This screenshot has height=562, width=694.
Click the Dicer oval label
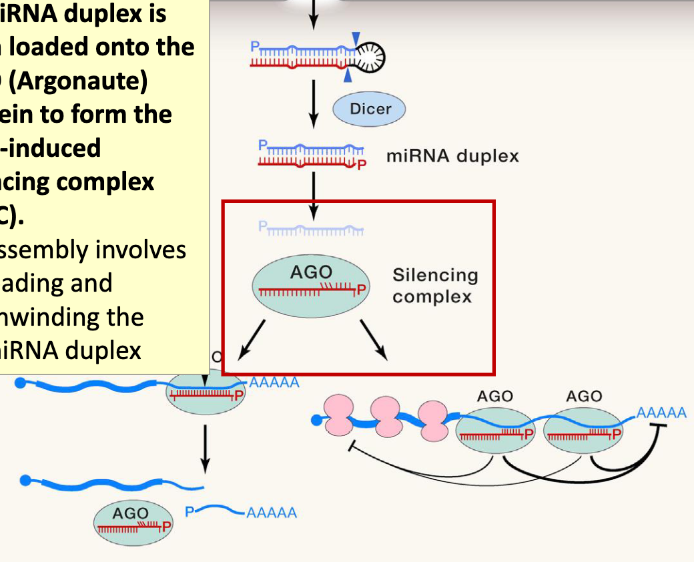(369, 109)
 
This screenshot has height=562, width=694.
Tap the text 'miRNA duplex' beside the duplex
(452, 156)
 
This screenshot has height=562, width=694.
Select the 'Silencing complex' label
(435, 286)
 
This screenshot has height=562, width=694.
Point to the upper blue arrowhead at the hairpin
(358, 38)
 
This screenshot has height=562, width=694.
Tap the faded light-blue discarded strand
(311, 230)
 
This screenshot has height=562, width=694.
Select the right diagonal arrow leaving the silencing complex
(373, 338)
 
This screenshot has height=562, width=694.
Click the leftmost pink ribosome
(338, 415)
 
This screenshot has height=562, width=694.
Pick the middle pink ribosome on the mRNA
(385, 415)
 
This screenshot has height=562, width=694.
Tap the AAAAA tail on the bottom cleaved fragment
(271, 513)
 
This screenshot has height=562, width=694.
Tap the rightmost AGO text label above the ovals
(584, 396)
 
